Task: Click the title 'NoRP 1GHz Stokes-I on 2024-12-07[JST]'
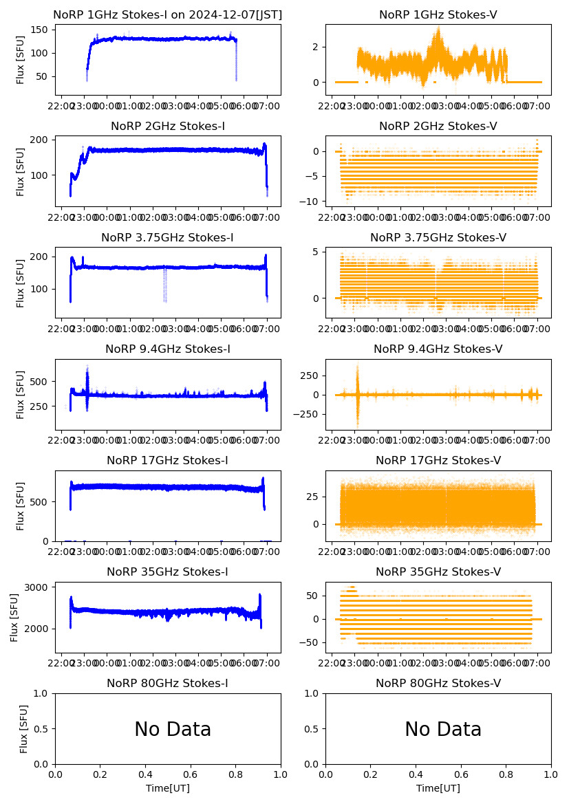(x=168, y=14)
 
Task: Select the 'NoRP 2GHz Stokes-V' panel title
(x=438, y=126)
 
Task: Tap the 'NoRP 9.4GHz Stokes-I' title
(x=168, y=349)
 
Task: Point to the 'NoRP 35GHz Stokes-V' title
(x=438, y=572)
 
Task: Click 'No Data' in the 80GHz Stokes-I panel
(x=173, y=729)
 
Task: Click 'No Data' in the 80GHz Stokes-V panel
(x=443, y=729)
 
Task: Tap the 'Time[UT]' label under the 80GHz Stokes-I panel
(x=168, y=788)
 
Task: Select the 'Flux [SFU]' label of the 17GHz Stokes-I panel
(x=21, y=506)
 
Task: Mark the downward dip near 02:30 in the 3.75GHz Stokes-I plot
(x=164, y=285)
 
